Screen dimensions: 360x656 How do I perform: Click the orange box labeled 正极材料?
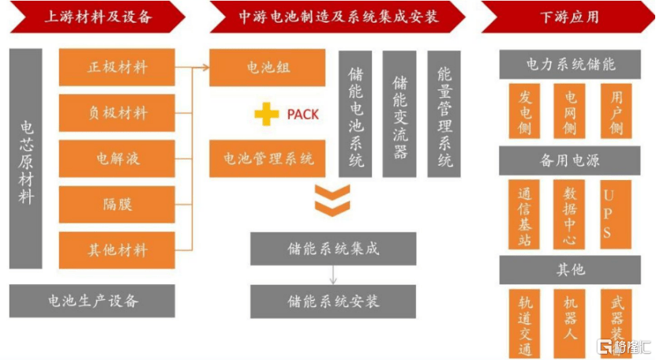(117, 67)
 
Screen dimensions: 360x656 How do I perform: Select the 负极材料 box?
(117, 113)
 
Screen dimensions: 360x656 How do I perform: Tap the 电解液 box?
(117, 159)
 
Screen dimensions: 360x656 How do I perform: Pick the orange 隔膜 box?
(117, 204)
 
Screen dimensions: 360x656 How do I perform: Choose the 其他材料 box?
(117, 250)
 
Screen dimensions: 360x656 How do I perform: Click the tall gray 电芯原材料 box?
(26, 158)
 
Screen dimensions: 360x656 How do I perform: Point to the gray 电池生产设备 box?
(93, 300)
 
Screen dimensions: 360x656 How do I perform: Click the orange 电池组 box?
(268, 67)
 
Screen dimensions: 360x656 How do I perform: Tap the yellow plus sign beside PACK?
(267, 114)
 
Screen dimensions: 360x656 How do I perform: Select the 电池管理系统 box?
(268, 159)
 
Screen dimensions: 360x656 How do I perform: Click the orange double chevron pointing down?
(332, 200)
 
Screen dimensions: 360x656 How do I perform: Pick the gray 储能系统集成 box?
(333, 249)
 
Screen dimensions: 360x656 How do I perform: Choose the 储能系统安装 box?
(333, 302)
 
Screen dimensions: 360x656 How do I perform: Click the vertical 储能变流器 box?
(399, 114)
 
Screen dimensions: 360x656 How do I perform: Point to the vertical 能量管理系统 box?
(444, 114)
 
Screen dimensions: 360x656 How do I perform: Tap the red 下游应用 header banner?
(569, 17)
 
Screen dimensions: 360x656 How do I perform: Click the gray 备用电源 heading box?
(569, 161)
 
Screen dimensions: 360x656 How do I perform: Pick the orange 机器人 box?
(569, 324)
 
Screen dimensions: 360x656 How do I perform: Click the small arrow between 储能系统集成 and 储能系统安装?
(333, 276)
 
